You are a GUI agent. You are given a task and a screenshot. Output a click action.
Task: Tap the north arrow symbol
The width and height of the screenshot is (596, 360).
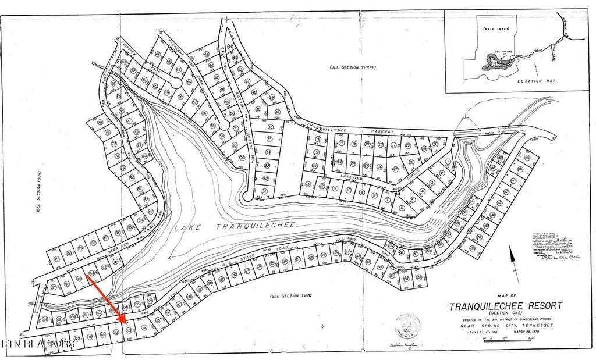(x=513, y=262)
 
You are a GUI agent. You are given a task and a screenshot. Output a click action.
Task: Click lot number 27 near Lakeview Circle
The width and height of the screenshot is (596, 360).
(x=396, y=169)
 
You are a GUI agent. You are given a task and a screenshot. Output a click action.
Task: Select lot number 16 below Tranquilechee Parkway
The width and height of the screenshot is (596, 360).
(x=318, y=140)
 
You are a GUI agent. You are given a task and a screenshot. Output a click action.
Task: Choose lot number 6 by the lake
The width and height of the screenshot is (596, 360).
(x=402, y=208)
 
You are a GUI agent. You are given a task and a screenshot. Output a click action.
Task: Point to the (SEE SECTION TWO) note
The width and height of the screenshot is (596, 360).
(x=292, y=297)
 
